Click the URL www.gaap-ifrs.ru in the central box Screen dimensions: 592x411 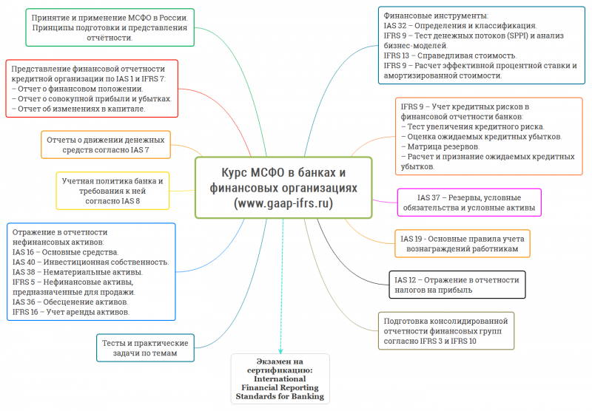pyautogui.click(x=283, y=203)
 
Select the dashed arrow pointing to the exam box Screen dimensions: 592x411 pyautogui.click(x=282, y=286)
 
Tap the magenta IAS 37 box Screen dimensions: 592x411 pyautogui.click(x=469, y=203)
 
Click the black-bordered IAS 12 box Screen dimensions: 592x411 pyautogui.click(x=457, y=285)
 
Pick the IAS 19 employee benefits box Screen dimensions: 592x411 pyautogui.click(x=462, y=244)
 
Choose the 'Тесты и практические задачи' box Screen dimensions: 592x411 pyautogui.click(x=145, y=347)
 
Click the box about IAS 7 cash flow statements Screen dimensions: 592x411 pyautogui.click(x=106, y=145)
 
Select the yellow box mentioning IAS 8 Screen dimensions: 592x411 pyautogui.click(x=112, y=191)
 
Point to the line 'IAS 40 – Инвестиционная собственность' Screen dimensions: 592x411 pyautogui.click(x=90, y=262)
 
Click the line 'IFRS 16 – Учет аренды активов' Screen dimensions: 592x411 pyautogui.click(x=71, y=312)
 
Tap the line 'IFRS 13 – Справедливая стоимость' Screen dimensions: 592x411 pyautogui.click(x=450, y=55)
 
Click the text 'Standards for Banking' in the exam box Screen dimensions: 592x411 pyautogui.click(x=280, y=396)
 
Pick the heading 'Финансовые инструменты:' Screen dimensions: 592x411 pyautogui.click(x=436, y=16)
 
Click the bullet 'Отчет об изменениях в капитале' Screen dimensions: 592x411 pyautogui.click(x=78, y=109)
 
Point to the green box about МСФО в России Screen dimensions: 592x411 pyautogui.click(x=110, y=27)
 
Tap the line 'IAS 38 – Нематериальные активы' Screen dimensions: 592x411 pyautogui.click(x=78, y=272)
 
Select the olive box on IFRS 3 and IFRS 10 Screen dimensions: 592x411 pyautogui.click(x=446, y=330)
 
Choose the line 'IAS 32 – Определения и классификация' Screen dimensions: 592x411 pyautogui.click(x=460, y=26)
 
